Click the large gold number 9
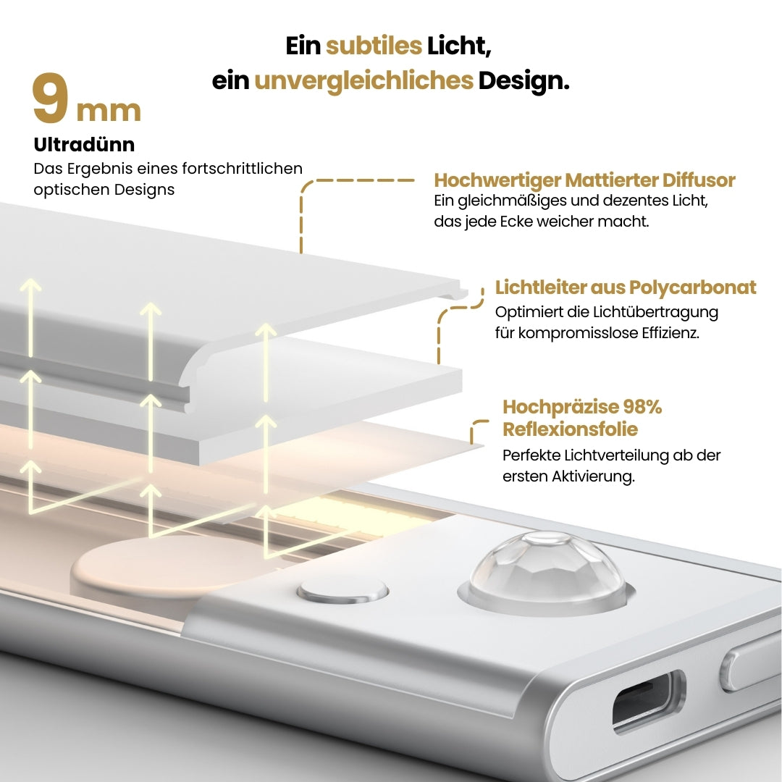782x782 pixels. pos(51,100)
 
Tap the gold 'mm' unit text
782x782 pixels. pos(109,111)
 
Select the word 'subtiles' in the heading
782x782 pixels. pos(374,46)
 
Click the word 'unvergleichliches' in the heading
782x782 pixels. pos(363,80)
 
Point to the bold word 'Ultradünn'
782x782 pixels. pos(84,145)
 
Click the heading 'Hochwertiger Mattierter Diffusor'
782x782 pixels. pos(584,180)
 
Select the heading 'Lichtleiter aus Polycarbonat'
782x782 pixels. pos(626,287)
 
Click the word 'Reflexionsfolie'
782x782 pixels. pos(571,429)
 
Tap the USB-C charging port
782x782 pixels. pos(648,702)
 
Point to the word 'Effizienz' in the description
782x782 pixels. pos(668,335)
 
